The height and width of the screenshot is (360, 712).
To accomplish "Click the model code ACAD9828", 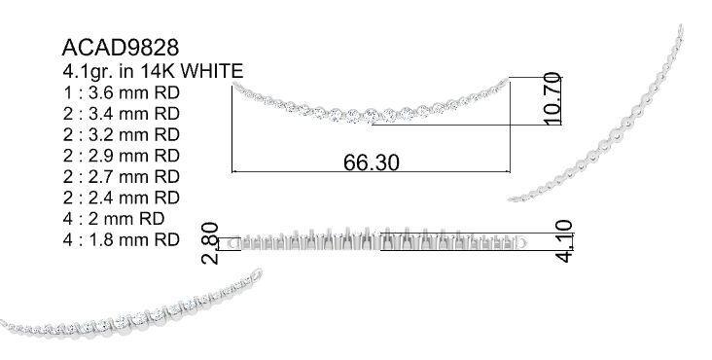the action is point(121,48).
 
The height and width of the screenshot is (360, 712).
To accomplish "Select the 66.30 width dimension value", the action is point(372,162).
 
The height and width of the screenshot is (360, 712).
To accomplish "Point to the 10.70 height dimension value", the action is point(552,98).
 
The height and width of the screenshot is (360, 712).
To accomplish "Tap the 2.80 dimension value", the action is point(210,243).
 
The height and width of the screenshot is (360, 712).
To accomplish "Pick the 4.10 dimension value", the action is point(564,241).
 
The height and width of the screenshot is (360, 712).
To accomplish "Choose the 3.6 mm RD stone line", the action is point(122,92).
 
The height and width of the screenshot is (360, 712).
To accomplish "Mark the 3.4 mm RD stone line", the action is point(122,114).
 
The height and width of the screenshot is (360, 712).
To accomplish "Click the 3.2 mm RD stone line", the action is point(122,135).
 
